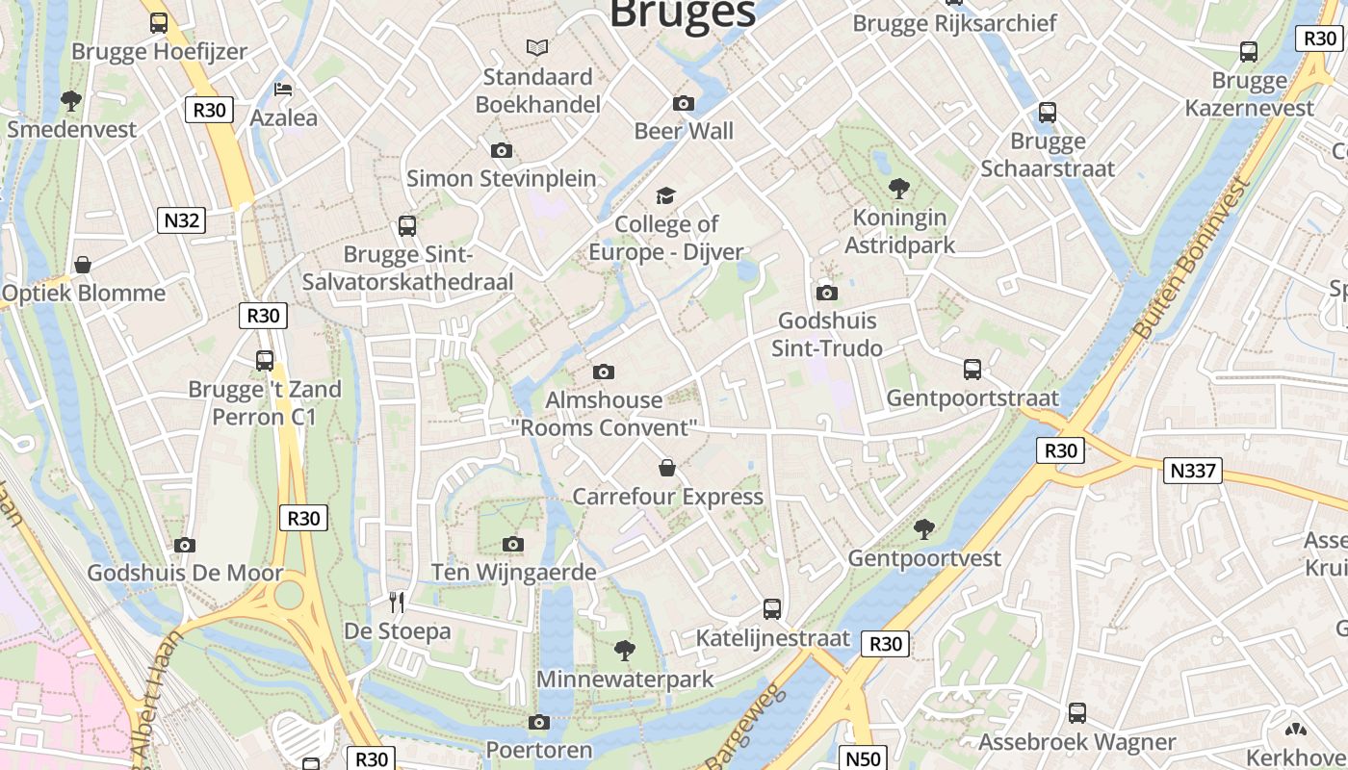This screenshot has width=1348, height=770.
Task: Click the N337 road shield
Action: (1193, 471)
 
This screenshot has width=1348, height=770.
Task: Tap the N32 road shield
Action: (181, 220)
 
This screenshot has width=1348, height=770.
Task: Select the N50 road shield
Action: (863, 758)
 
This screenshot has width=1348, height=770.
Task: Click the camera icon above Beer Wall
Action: (684, 104)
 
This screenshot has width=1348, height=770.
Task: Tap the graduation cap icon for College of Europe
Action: (666, 196)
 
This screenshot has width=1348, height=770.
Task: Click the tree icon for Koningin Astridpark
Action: (899, 188)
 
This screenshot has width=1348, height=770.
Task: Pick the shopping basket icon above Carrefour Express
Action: (667, 469)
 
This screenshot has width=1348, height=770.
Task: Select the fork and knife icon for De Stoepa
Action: (397, 603)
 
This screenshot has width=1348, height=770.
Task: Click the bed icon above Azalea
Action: (283, 90)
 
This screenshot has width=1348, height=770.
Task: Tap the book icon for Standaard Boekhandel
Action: (537, 47)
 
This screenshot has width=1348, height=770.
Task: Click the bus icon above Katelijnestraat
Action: (772, 608)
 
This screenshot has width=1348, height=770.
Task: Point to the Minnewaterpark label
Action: (625, 680)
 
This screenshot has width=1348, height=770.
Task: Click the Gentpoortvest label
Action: (923, 558)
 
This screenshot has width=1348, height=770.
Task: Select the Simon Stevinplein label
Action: (501, 178)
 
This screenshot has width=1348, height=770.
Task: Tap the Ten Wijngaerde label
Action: (513, 573)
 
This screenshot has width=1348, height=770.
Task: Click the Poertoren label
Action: (539, 749)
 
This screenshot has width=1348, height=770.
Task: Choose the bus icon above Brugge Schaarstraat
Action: (1048, 113)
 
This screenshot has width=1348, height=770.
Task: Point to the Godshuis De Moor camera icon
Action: (185, 545)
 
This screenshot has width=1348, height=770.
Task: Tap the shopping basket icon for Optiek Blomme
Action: (84, 265)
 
